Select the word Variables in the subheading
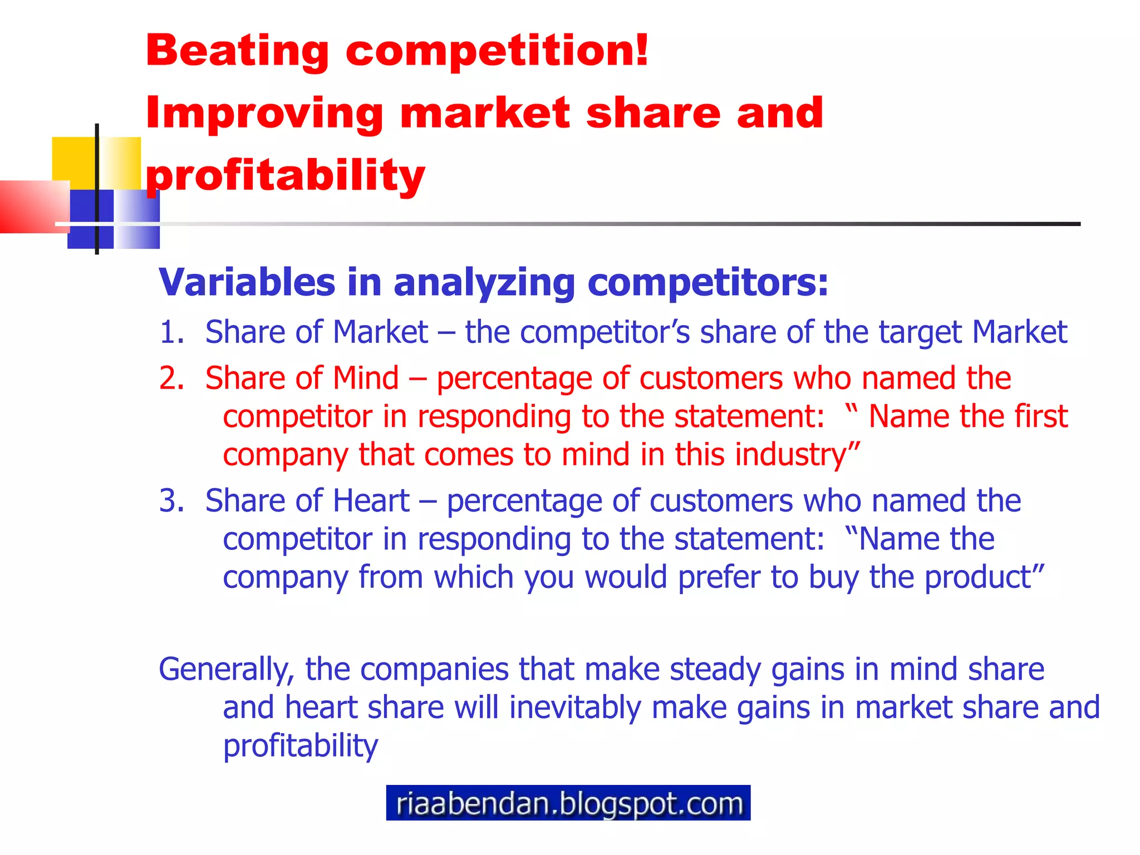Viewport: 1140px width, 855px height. [247, 282]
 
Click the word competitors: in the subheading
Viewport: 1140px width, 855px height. [708, 283]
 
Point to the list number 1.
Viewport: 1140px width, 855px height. [171, 332]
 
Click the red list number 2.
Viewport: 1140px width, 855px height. [171, 379]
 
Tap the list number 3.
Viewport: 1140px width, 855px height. [171, 501]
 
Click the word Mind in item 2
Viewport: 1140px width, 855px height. [366, 379]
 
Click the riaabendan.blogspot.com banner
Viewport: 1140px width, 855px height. [568, 803]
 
